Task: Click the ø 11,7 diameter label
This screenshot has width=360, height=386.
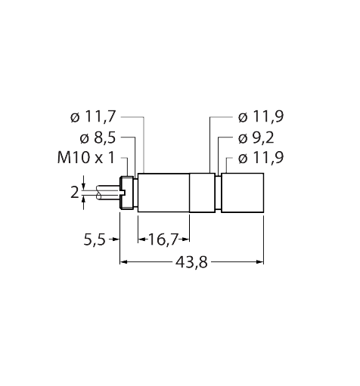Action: click(x=95, y=117)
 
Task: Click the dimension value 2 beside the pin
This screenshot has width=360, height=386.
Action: click(x=75, y=193)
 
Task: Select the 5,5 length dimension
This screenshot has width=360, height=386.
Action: click(x=94, y=240)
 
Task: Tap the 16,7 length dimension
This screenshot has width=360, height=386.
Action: click(x=163, y=240)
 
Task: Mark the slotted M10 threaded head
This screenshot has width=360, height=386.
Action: click(x=128, y=194)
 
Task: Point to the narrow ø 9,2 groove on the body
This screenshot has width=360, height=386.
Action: click(x=218, y=194)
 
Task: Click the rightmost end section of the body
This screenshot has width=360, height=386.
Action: click(x=242, y=194)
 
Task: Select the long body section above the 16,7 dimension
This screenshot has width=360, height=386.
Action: click(x=163, y=194)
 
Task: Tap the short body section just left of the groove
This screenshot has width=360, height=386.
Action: click(x=202, y=194)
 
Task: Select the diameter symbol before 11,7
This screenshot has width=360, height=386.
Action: click(x=74, y=118)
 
